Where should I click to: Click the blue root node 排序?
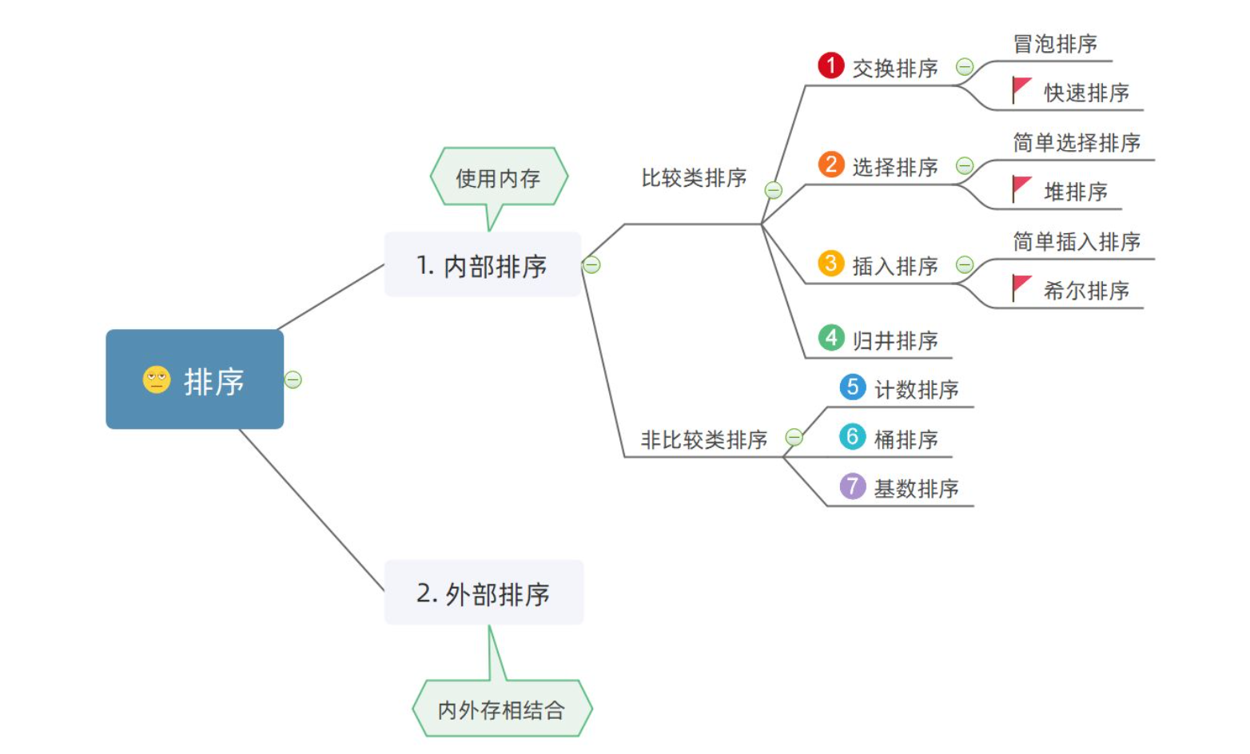click(x=194, y=379)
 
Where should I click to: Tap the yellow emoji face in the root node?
click(x=157, y=379)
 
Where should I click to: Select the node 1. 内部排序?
click(x=482, y=265)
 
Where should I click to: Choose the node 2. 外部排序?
click(x=484, y=593)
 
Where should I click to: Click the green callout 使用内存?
click(x=498, y=177)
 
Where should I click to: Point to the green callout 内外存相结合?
click(x=502, y=709)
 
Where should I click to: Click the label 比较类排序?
click(x=694, y=177)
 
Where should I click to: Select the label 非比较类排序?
click(x=703, y=439)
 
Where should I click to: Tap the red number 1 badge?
click(x=831, y=65)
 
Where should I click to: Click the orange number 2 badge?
click(x=831, y=165)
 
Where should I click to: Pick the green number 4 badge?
click(x=831, y=338)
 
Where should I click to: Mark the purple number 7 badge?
click(x=853, y=486)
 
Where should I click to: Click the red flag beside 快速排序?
click(x=1021, y=89)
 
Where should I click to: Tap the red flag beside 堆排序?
click(x=1021, y=188)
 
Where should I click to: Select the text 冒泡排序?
click(x=1055, y=44)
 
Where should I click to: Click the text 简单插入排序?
click(x=1077, y=241)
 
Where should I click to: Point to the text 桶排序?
click(x=906, y=439)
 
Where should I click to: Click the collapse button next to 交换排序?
click(x=965, y=67)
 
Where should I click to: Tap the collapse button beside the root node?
click(x=293, y=379)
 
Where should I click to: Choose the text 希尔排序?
click(x=1086, y=291)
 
